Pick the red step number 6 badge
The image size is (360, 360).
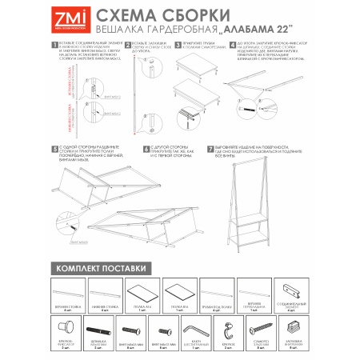point(146,148)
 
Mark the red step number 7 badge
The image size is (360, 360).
point(210,148)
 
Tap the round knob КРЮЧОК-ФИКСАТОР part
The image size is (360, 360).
point(65,329)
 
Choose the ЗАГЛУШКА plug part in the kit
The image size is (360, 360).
point(294,326)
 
